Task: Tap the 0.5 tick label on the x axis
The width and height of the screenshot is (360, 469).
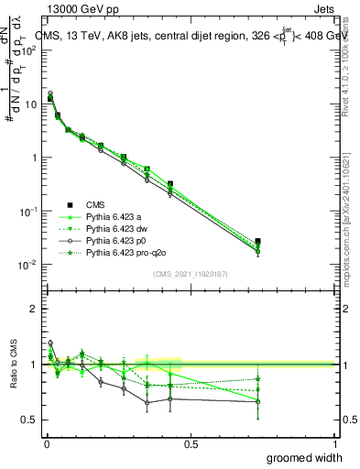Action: click(191, 442)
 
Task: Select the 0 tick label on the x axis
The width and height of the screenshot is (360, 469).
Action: click(46, 442)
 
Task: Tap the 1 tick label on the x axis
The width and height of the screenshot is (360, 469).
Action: click(334, 442)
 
